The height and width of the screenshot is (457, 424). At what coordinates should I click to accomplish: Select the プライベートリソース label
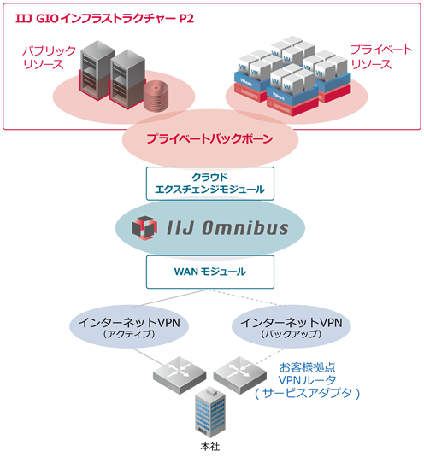point(374,57)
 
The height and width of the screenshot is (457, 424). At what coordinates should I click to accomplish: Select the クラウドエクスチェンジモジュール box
point(209,182)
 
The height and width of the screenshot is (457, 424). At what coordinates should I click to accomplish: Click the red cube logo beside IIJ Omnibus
point(142,227)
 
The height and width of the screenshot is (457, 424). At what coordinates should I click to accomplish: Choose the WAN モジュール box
point(209,272)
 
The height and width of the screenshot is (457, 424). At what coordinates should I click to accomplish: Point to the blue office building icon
point(208,413)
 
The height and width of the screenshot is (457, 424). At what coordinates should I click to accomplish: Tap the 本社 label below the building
point(208,447)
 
